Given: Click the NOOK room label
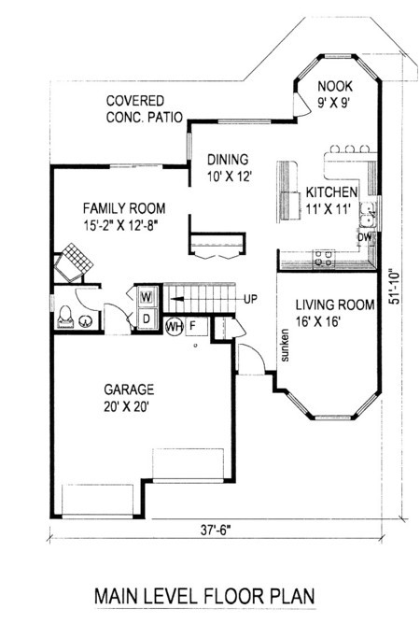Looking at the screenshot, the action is (x=335, y=94).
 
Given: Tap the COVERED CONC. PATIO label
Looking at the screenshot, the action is (x=145, y=109).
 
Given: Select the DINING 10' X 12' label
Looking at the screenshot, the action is (x=230, y=168).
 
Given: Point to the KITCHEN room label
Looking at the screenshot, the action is (x=331, y=200).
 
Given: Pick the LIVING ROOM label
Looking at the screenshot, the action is (x=335, y=313).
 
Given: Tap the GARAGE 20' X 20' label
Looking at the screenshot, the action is (x=129, y=398).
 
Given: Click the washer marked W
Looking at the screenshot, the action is (x=147, y=297).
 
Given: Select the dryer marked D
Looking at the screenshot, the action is (x=147, y=319).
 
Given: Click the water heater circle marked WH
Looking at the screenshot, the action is (x=174, y=327).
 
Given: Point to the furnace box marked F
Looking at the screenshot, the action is (x=197, y=326).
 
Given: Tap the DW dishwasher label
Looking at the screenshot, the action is (x=365, y=237).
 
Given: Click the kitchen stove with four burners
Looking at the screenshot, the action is (x=324, y=259).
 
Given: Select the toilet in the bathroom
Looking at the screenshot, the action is (x=65, y=317).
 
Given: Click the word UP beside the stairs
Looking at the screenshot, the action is (x=250, y=298).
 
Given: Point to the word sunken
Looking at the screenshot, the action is (x=285, y=345).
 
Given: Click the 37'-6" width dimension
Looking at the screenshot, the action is (x=216, y=530).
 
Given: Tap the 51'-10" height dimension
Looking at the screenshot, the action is (x=394, y=287).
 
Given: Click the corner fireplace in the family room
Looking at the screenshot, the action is (x=74, y=262).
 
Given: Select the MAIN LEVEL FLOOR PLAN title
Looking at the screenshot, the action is (x=204, y=596).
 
